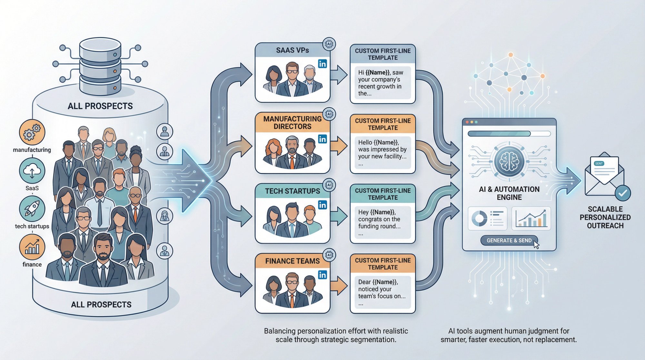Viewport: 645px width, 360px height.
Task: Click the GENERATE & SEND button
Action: tap(509, 240)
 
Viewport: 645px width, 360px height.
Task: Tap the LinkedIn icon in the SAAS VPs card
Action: tap(322, 64)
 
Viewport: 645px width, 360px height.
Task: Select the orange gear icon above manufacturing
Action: tap(32, 132)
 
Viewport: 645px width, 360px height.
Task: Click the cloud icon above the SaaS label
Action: tap(32, 171)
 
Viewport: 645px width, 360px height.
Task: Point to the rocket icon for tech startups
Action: tap(32, 208)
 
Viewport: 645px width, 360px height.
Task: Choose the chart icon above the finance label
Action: tap(32, 247)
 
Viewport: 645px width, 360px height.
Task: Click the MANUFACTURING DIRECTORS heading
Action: tap(292, 123)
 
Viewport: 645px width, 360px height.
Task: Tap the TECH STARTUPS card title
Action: tap(292, 191)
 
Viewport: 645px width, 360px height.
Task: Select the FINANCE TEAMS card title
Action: tap(292, 261)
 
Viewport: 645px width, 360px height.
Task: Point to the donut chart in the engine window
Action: tap(480, 218)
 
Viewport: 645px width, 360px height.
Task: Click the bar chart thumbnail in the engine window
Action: tap(531, 218)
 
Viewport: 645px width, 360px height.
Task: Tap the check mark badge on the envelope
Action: tap(622, 193)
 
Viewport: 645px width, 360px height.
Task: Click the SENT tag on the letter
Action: tap(599, 164)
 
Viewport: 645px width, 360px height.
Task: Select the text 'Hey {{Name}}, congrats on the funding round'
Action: tap(380, 219)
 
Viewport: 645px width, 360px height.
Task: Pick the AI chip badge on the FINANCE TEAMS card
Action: tap(329, 255)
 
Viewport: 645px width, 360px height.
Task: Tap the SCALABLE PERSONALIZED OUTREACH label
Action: tap(605, 217)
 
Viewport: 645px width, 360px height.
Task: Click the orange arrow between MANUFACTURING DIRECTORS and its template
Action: tap(338, 146)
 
